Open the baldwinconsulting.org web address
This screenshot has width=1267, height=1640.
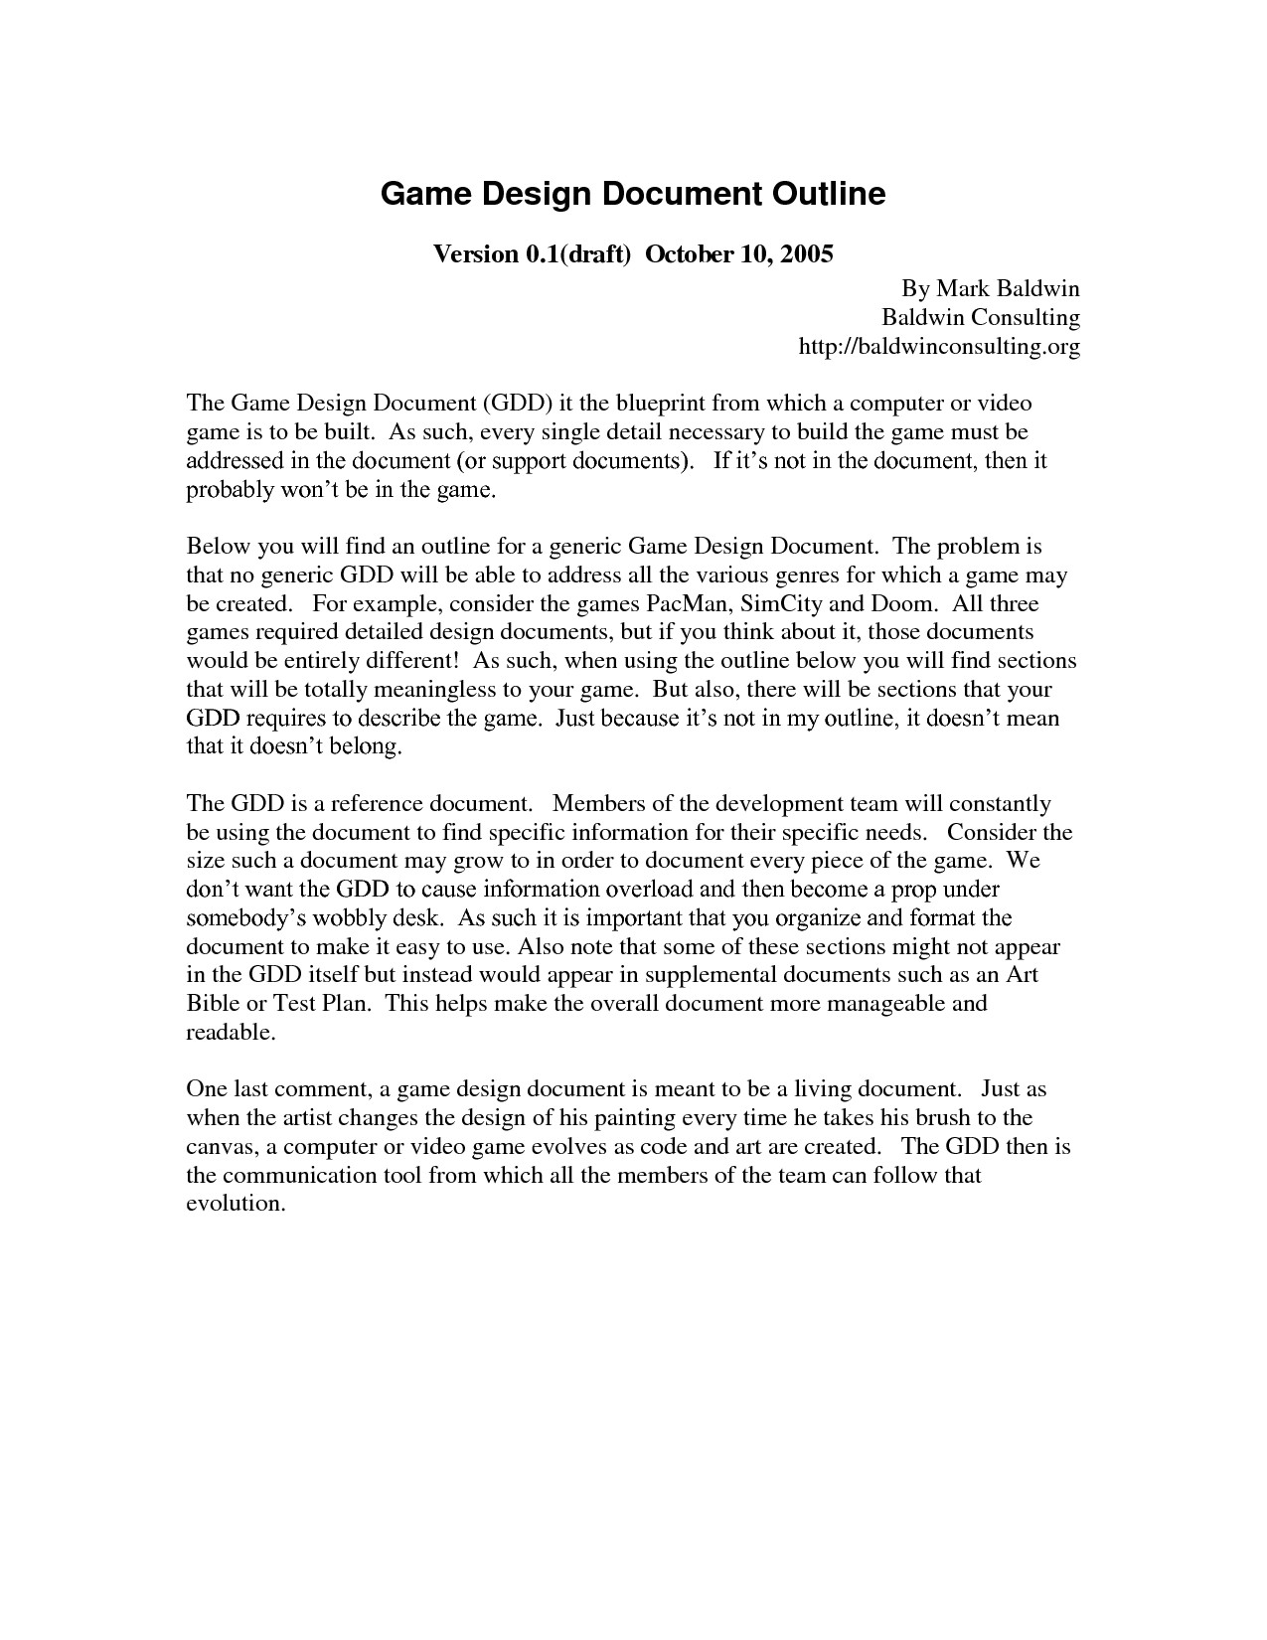939,347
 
